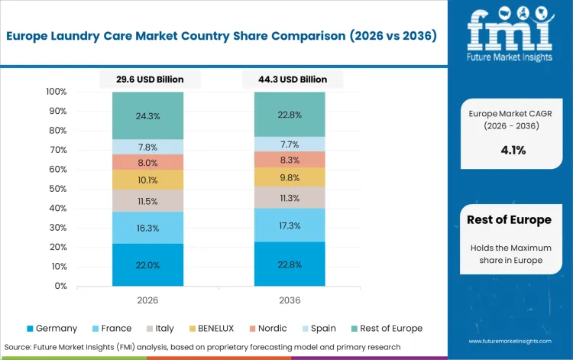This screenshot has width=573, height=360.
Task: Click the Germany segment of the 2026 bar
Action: click(x=147, y=265)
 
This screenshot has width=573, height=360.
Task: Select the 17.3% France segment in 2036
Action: click(x=290, y=226)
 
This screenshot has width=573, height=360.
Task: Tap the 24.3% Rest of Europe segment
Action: click(x=147, y=116)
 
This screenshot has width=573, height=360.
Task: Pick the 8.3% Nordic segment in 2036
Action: click(x=290, y=160)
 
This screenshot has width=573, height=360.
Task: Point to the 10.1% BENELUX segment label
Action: click(x=147, y=180)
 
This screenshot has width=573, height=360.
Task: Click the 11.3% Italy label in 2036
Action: click(x=290, y=198)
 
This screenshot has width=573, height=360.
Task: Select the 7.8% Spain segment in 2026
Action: click(x=147, y=147)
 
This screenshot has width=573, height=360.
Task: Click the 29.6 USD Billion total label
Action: click(x=147, y=79)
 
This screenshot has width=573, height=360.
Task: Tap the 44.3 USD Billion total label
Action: click(x=290, y=79)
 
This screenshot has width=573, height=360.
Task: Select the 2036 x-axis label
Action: click(x=290, y=300)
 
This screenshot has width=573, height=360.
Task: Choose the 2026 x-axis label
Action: click(x=147, y=300)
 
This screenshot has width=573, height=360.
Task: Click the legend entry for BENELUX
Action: click(x=211, y=328)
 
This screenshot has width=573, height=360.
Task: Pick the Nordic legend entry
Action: click(x=267, y=328)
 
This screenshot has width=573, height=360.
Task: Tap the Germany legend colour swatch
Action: click(x=30, y=329)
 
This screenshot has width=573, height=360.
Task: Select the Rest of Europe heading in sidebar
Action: click(x=509, y=220)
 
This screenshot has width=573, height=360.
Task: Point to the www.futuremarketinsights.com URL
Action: click(x=509, y=342)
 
